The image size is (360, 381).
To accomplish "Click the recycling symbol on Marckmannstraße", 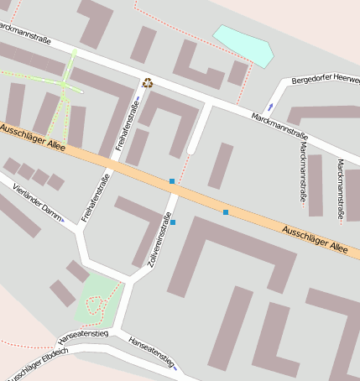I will (x=148, y=82).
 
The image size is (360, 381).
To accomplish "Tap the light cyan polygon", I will (x=245, y=44).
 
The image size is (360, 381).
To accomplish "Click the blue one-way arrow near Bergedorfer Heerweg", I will (x=269, y=107).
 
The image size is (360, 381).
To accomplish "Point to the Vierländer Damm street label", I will (x=39, y=201).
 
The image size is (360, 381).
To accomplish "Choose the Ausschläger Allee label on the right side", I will (x=314, y=237).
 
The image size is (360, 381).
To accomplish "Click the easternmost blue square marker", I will (x=226, y=212).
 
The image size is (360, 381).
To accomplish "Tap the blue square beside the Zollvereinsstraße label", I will (x=173, y=222).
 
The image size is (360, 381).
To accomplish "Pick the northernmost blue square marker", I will (x=172, y=181).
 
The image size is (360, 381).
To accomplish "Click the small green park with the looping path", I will (x=99, y=301).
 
